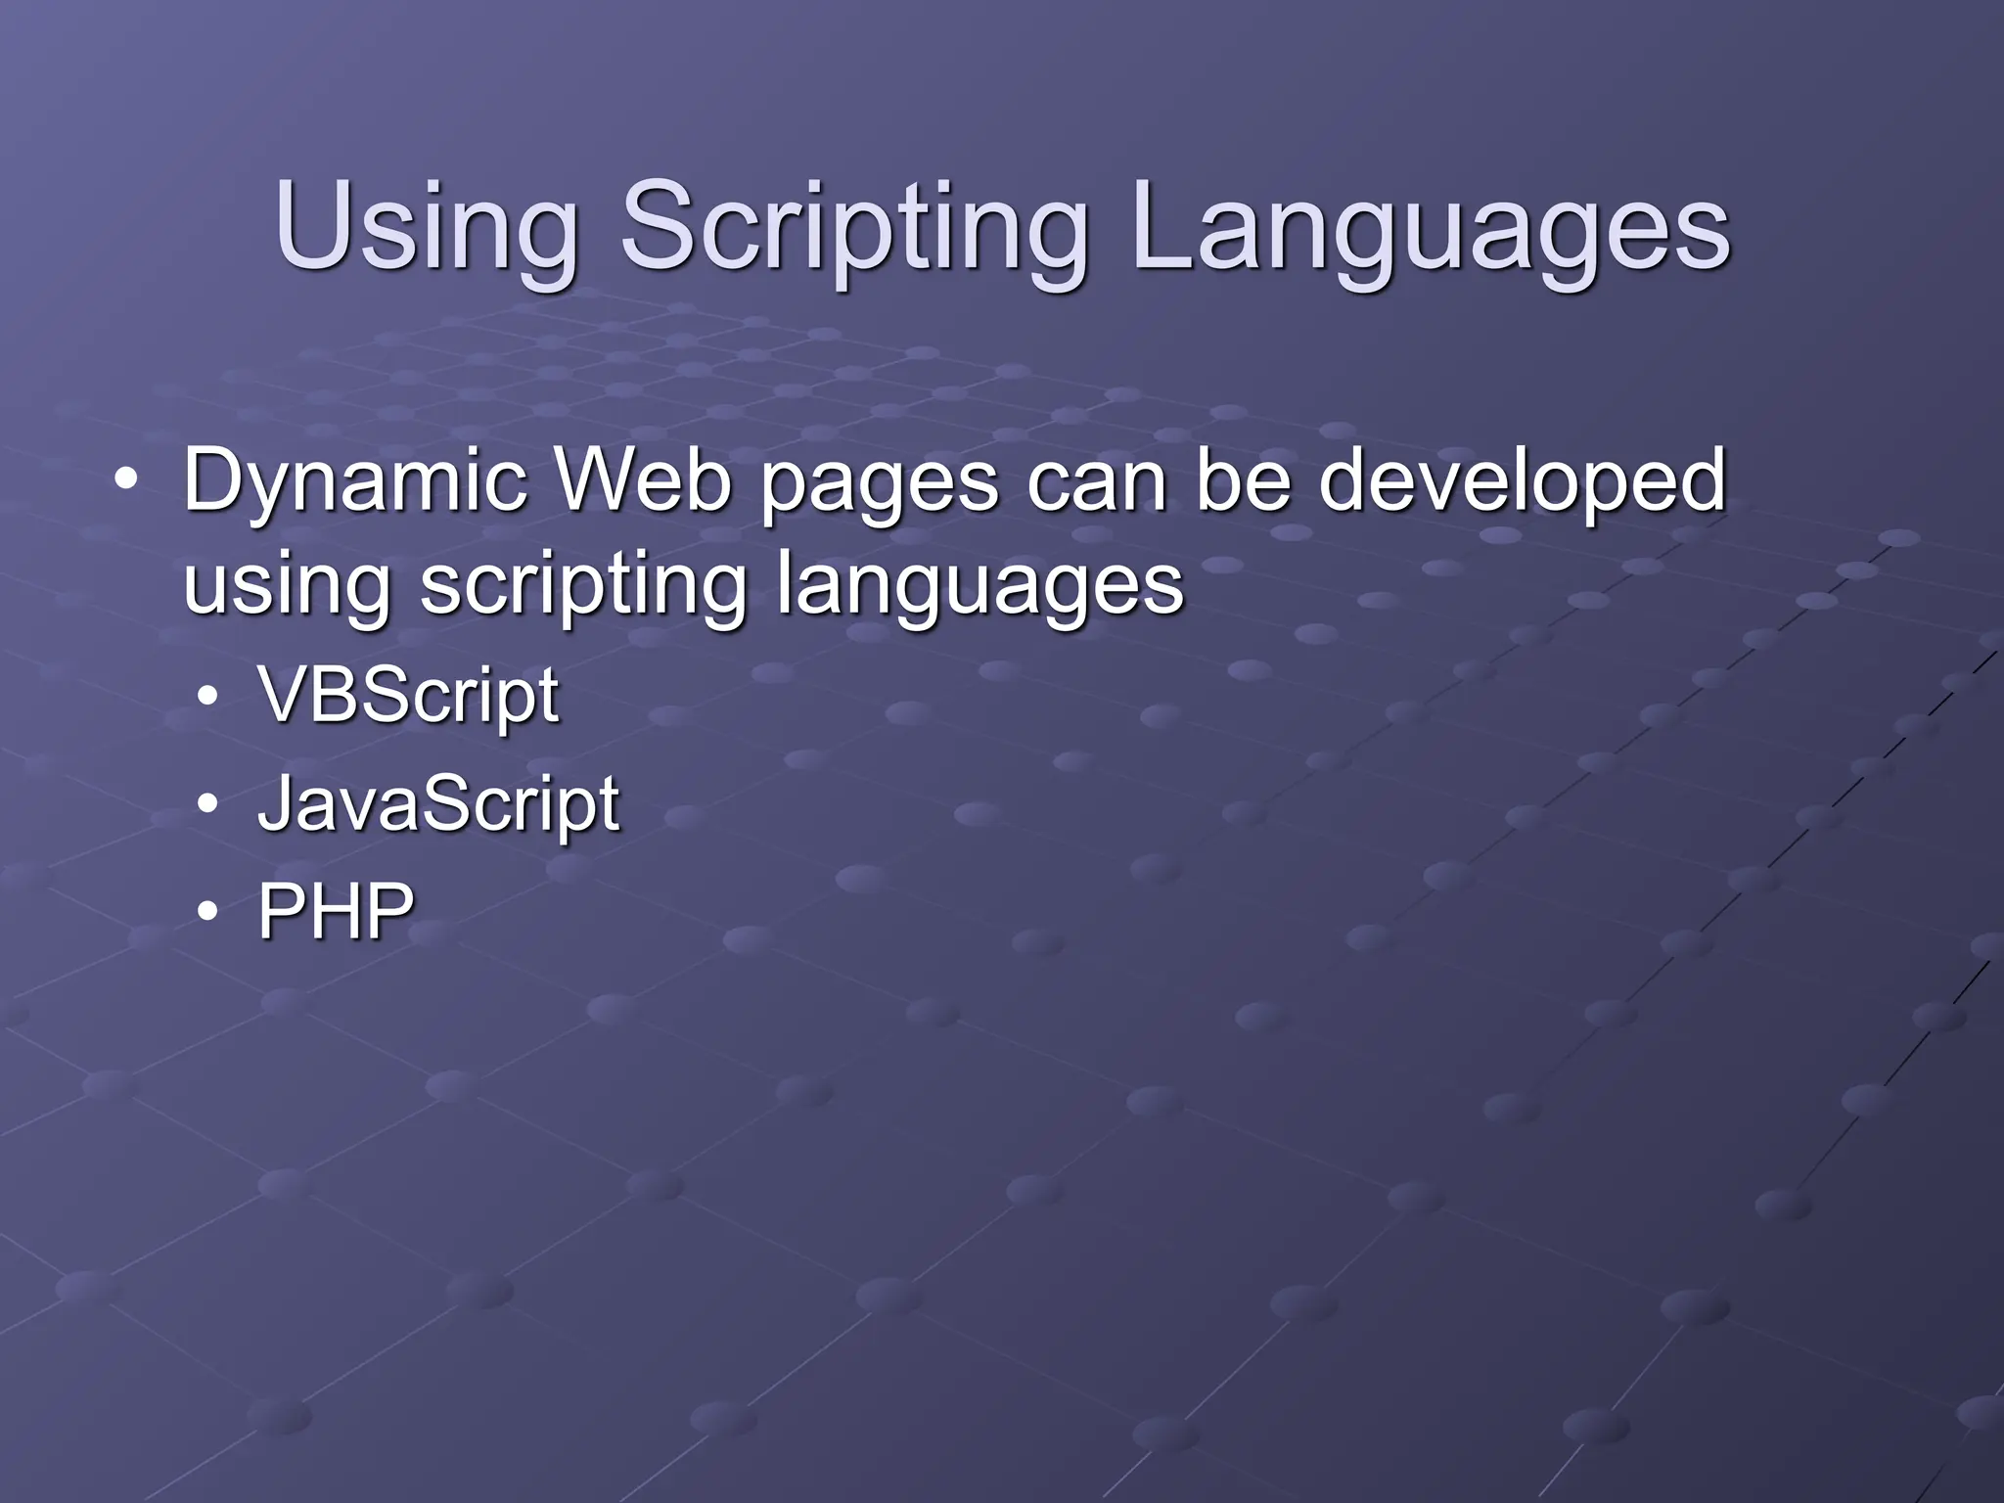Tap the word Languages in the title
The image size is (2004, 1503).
click(x=1430, y=231)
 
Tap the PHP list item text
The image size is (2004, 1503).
click(x=335, y=911)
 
